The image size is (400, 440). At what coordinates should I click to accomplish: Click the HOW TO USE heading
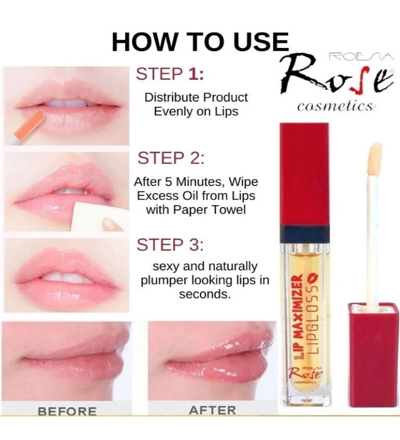coord(200,42)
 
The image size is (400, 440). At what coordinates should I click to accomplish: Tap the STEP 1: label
coord(170,74)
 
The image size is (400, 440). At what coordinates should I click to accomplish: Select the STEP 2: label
coord(171,158)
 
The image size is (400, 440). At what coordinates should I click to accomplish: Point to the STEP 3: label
coord(170,245)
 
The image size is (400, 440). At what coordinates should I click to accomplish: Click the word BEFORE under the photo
coord(67,411)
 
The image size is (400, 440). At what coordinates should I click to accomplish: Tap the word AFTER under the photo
coord(212,410)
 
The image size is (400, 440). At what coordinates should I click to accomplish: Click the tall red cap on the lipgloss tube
coord(304,173)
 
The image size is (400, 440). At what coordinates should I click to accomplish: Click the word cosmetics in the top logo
coord(335,106)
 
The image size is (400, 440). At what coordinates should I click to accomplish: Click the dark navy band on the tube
coord(304,234)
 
